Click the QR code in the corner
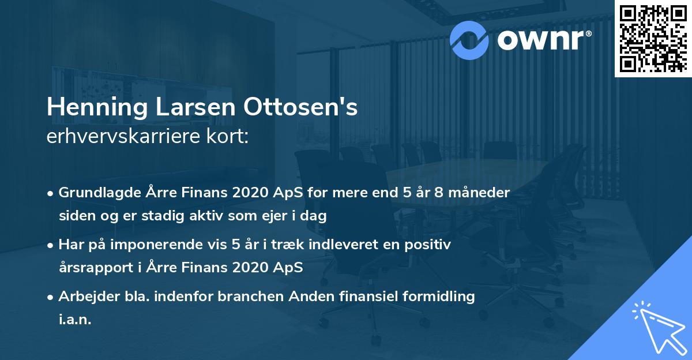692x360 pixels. click(x=653, y=38)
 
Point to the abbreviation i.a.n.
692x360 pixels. click(x=75, y=320)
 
